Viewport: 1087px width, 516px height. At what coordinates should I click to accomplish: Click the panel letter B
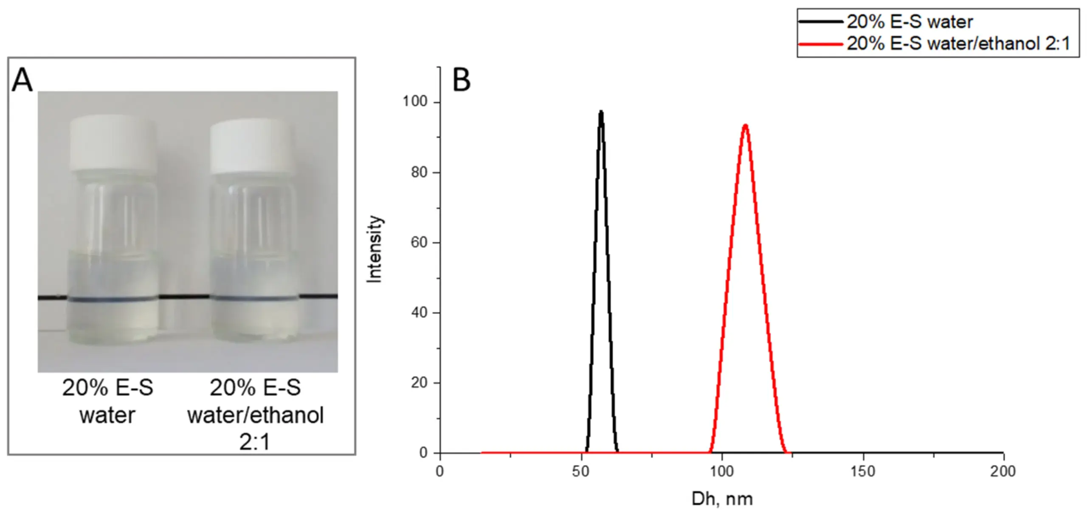point(462,80)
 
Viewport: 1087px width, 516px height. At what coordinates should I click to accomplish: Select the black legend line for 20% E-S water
point(820,22)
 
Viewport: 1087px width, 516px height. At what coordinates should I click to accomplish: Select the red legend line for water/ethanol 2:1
point(820,44)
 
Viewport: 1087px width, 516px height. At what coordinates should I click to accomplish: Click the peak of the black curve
point(601,112)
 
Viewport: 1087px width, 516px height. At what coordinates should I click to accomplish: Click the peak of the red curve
point(745,126)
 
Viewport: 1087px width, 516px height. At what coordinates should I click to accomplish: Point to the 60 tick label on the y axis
point(419,243)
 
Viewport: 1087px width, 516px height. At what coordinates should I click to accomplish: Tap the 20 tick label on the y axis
point(419,383)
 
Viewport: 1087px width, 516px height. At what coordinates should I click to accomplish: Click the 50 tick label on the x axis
point(580,472)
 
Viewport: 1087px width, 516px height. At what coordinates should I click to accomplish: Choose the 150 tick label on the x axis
point(863,472)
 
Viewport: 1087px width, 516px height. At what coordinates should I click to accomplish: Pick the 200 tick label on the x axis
point(1003,472)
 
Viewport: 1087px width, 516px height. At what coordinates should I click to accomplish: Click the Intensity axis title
point(375,249)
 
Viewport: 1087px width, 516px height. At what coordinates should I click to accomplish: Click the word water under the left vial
point(107,415)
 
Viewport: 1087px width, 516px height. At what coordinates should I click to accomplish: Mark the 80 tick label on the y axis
point(419,173)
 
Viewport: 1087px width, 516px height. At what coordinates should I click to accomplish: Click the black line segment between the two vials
point(184,297)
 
